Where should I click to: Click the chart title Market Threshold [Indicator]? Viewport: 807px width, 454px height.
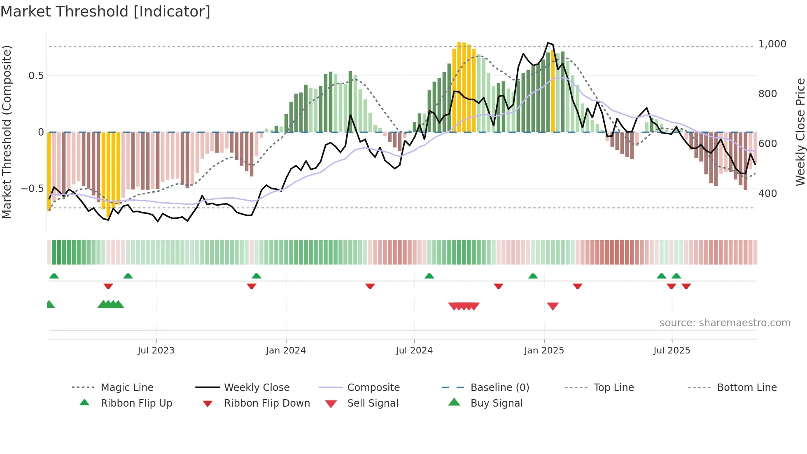click(x=105, y=12)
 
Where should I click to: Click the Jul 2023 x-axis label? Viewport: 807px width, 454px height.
click(x=156, y=351)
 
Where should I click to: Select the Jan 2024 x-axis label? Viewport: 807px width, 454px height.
click(x=286, y=351)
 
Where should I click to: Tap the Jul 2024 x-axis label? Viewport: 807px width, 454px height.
click(x=414, y=351)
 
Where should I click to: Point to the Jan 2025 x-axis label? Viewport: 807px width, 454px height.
click(x=544, y=351)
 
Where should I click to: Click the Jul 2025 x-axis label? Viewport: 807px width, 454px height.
click(x=672, y=351)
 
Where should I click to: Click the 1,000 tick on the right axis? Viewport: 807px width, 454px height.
click(x=772, y=44)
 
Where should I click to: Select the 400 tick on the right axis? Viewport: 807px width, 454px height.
click(x=767, y=194)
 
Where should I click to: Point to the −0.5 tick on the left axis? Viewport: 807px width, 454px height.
click(x=32, y=189)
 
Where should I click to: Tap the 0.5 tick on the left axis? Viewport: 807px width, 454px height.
click(x=36, y=76)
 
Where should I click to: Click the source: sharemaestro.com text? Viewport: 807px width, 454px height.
click(x=725, y=323)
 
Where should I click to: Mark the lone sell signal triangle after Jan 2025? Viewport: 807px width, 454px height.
click(x=553, y=306)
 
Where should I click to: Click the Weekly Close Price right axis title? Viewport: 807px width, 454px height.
click(x=800, y=132)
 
